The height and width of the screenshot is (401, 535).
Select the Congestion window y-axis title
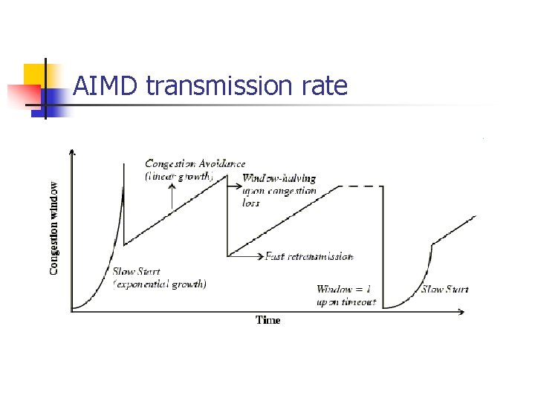(54, 228)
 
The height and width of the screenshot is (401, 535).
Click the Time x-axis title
(268, 320)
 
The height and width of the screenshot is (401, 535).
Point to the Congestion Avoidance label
(195, 163)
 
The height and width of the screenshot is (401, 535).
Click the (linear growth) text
(178, 177)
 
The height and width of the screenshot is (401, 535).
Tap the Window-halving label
(279, 178)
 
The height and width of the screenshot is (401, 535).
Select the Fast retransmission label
(309, 256)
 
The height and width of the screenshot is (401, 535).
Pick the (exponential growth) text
(159, 284)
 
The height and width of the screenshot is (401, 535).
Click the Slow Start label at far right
(444, 289)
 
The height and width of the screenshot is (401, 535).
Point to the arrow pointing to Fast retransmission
(245, 256)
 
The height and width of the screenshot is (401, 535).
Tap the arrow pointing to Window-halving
(233, 179)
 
